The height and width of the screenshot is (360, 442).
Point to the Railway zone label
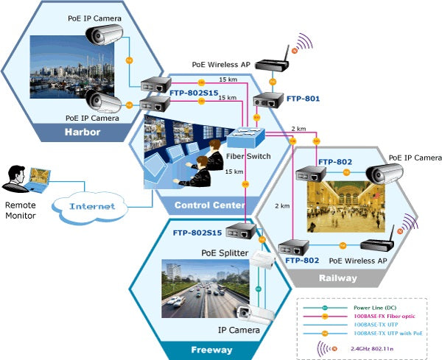(x=338, y=278)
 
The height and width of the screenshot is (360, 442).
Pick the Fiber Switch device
(x=245, y=137)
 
